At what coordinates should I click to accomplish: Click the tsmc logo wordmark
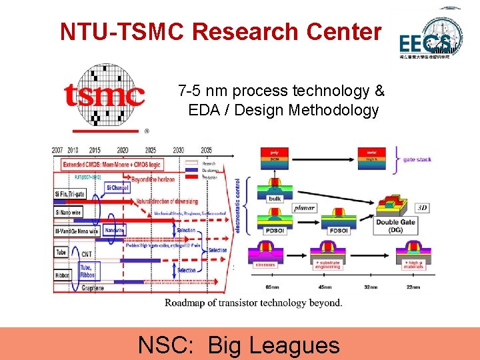(105, 96)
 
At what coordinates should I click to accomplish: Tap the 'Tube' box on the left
(61, 253)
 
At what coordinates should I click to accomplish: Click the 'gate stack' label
(417, 159)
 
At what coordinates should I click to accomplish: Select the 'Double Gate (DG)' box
(397, 226)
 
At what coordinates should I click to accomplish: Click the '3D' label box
(422, 209)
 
